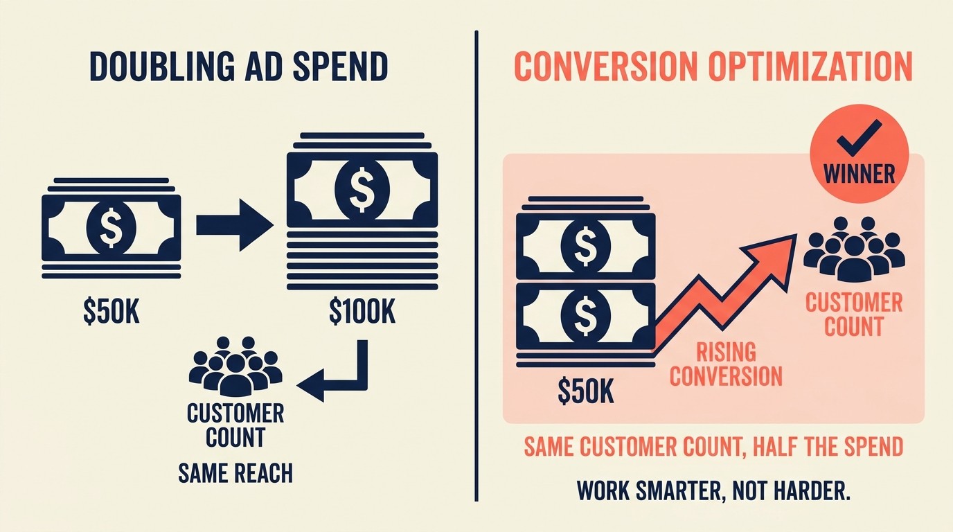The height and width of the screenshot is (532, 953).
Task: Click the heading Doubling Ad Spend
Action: click(x=239, y=67)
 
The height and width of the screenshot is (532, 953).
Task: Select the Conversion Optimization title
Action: click(x=713, y=67)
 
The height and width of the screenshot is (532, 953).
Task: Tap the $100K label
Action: click(x=362, y=313)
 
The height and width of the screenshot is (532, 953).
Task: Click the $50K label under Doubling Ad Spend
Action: click(x=111, y=313)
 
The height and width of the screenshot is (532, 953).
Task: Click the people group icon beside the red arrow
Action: click(x=853, y=248)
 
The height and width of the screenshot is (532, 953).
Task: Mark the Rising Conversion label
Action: click(x=725, y=364)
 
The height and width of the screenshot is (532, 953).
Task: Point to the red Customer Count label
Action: click(x=854, y=314)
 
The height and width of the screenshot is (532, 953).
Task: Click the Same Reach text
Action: click(x=235, y=473)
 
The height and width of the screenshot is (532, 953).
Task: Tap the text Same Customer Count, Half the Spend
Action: click(x=713, y=447)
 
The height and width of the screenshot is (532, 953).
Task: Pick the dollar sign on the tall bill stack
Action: click(x=362, y=186)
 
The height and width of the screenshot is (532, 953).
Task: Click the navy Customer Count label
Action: click(x=235, y=425)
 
